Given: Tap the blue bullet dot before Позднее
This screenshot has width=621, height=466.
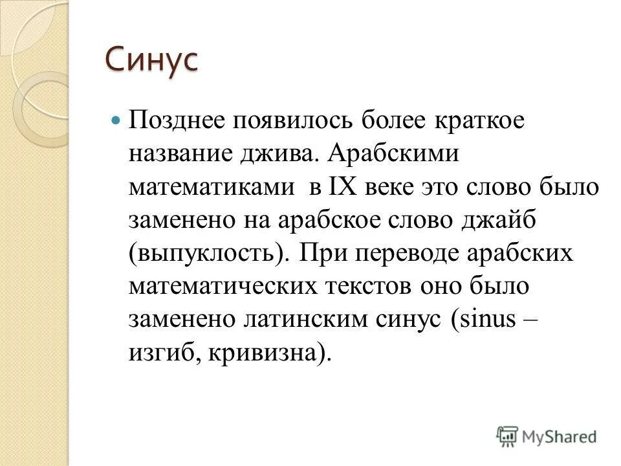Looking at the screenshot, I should pyautogui.click(x=116, y=121).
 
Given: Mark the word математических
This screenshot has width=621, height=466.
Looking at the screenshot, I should pyautogui.click(x=219, y=288).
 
